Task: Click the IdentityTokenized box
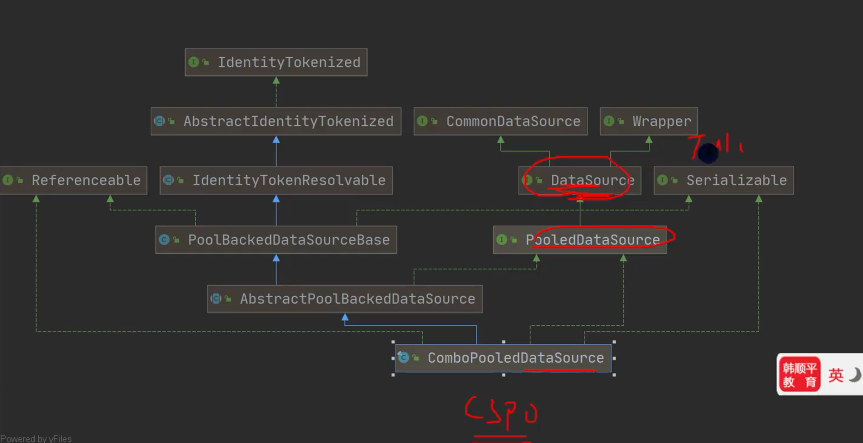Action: (x=276, y=62)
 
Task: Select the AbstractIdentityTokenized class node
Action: (x=276, y=121)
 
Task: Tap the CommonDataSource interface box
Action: (x=500, y=121)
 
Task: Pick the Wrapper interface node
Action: (x=649, y=121)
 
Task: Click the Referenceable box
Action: (x=74, y=180)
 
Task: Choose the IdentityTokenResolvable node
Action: (x=276, y=180)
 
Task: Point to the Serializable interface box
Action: (x=724, y=180)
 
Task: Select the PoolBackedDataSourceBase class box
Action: (x=276, y=240)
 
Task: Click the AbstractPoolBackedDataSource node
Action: (x=345, y=299)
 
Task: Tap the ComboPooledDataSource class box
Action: (x=503, y=358)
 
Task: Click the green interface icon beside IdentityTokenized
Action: (x=194, y=62)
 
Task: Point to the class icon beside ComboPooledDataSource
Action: (x=403, y=358)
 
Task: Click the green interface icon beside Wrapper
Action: (x=609, y=121)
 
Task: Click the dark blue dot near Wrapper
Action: (x=708, y=153)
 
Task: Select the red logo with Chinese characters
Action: (x=799, y=374)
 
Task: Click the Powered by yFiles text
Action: (x=36, y=438)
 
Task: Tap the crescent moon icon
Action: (x=855, y=374)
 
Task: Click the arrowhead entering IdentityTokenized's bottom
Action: (x=276, y=81)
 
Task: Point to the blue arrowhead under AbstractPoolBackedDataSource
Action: (x=345, y=318)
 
